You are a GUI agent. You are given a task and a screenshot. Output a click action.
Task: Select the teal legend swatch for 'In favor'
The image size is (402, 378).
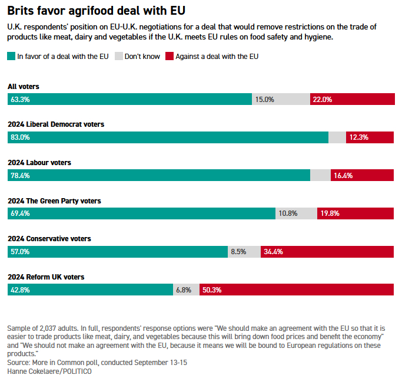11,57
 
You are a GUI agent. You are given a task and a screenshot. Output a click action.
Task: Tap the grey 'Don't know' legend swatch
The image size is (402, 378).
118,57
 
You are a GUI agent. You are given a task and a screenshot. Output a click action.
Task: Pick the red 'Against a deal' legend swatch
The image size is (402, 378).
170,57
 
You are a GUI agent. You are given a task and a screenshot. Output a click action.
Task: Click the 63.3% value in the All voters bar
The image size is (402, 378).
20,100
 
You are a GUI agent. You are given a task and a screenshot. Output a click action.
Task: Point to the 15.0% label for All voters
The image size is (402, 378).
264,100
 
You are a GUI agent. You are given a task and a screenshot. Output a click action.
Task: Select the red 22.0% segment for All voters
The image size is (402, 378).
352,100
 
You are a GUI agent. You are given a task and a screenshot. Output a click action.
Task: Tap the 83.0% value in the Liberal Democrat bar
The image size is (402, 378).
20,137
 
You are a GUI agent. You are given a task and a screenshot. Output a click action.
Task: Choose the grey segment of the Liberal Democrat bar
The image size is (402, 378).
337,137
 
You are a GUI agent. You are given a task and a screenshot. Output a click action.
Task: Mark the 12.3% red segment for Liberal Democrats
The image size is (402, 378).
370,137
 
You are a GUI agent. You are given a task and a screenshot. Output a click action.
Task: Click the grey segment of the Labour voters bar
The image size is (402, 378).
320,175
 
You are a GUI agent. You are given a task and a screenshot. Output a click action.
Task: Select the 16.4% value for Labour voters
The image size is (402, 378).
343,175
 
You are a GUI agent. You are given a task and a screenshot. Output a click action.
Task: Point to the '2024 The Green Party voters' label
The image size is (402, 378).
54,200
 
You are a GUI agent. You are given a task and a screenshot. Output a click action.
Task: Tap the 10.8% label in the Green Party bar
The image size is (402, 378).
288,213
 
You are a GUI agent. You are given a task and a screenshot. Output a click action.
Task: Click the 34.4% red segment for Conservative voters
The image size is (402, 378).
327,251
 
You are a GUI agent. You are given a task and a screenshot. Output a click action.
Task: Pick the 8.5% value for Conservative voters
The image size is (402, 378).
238,251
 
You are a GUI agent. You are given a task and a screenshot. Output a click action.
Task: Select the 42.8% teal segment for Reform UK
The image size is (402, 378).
90,290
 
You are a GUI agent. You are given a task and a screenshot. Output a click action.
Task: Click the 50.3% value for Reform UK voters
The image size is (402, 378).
212,290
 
